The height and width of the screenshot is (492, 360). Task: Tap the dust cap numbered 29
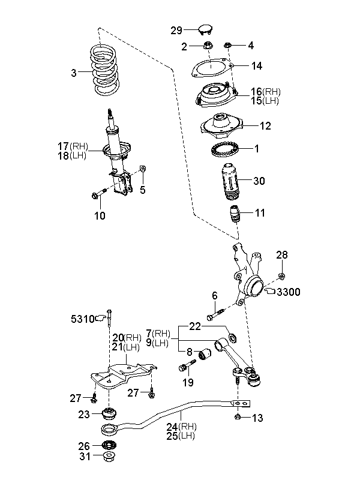pos(206,30)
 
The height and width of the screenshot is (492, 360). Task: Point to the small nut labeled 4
pos(227,46)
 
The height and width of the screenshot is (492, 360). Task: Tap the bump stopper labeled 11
pos(235,214)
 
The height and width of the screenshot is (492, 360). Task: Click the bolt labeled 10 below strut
pos(98,193)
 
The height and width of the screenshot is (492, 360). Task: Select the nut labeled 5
pos(142,169)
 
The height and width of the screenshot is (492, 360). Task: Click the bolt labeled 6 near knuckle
pos(215,314)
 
